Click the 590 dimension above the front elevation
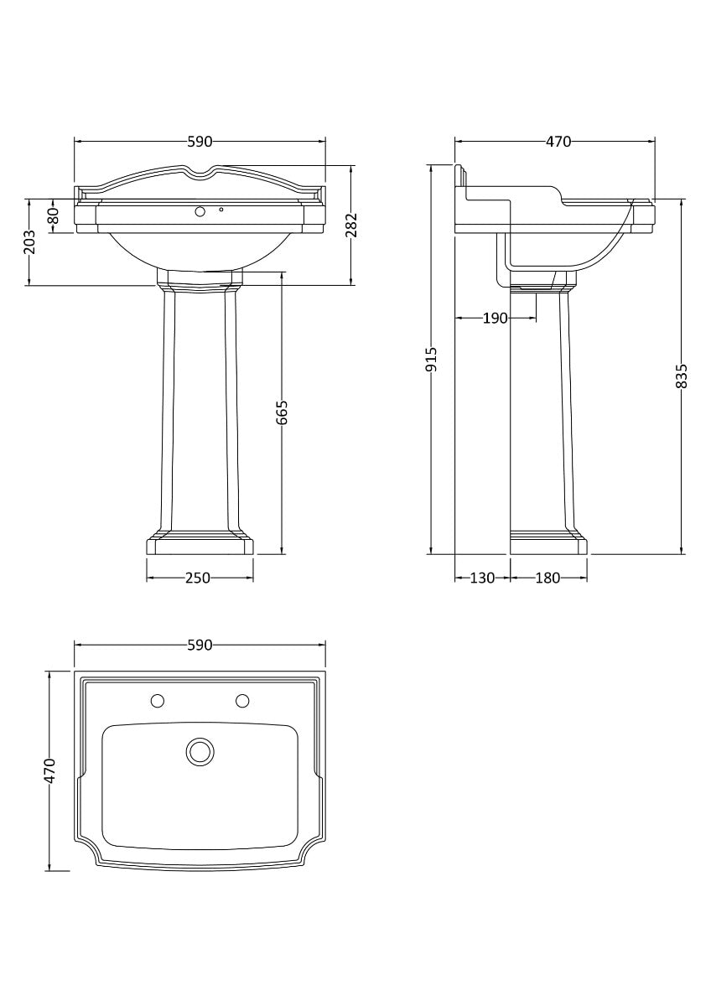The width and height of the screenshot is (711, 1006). click(x=200, y=142)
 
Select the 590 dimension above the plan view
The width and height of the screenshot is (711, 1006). click(x=200, y=645)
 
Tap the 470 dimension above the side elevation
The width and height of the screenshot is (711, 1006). click(x=558, y=142)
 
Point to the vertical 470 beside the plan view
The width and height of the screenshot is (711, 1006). click(x=50, y=770)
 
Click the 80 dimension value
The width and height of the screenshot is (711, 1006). click(x=54, y=216)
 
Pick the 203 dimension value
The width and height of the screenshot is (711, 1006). click(x=29, y=242)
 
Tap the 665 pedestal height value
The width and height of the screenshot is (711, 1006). click(x=282, y=412)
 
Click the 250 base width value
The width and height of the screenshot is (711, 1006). click(x=198, y=578)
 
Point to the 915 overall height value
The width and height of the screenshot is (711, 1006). click(x=432, y=360)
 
